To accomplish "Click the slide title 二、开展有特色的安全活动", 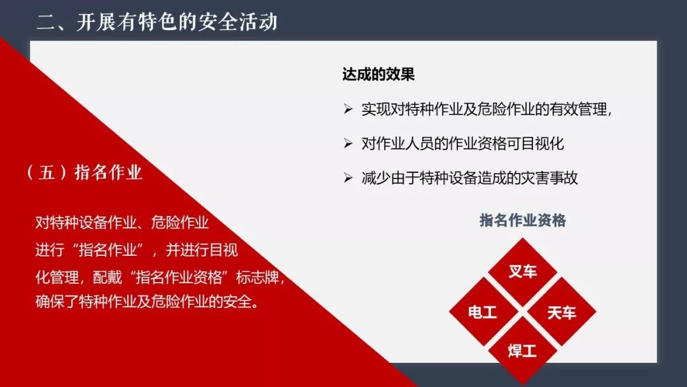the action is click(x=157, y=22).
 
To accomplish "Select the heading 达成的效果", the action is click(x=378, y=74).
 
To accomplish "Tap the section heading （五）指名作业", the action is click(x=84, y=172).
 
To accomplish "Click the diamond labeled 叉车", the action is click(x=522, y=272).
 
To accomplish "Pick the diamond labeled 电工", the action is click(x=483, y=312).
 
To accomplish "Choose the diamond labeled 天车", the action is click(x=562, y=312).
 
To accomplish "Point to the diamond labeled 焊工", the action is click(x=522, y=351).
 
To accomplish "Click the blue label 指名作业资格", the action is click(x=522, y=220).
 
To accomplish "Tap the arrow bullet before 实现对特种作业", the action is click(x=348, y=109).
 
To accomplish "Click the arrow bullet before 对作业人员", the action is click(x=348, y=143).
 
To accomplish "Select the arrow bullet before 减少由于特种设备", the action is click(x=348, y=178).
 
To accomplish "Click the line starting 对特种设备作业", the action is click(x=121, y=223).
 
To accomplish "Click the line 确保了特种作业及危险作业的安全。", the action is click(x=147, y=302).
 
